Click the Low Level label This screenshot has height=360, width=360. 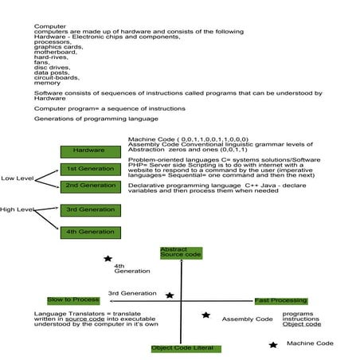pos(16,178)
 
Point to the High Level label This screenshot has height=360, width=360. pos(16,209)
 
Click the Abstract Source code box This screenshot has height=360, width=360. pos(181,252)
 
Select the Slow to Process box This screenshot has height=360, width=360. pos(73,299)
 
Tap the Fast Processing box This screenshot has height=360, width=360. pos(280,300)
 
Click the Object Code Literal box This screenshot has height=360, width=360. pos(186,348)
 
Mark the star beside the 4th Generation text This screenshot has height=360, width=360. pos(108,259)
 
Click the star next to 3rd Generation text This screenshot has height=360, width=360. pos(170,295)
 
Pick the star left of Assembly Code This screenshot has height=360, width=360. pos(205,315)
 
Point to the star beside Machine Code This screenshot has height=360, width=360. pos(273,344)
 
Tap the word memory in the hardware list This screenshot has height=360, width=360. pos(46,83)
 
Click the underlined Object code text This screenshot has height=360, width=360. pos(302,324)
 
